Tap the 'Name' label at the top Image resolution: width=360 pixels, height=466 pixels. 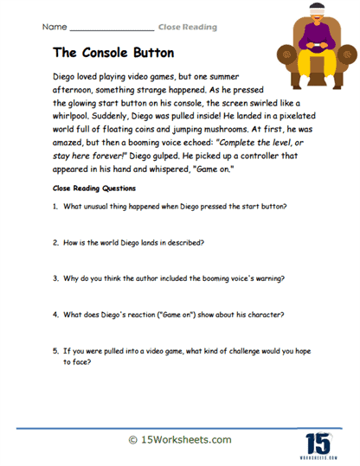(x=55, y=28)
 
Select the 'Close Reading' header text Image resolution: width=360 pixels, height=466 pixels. (x=186, y=28)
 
